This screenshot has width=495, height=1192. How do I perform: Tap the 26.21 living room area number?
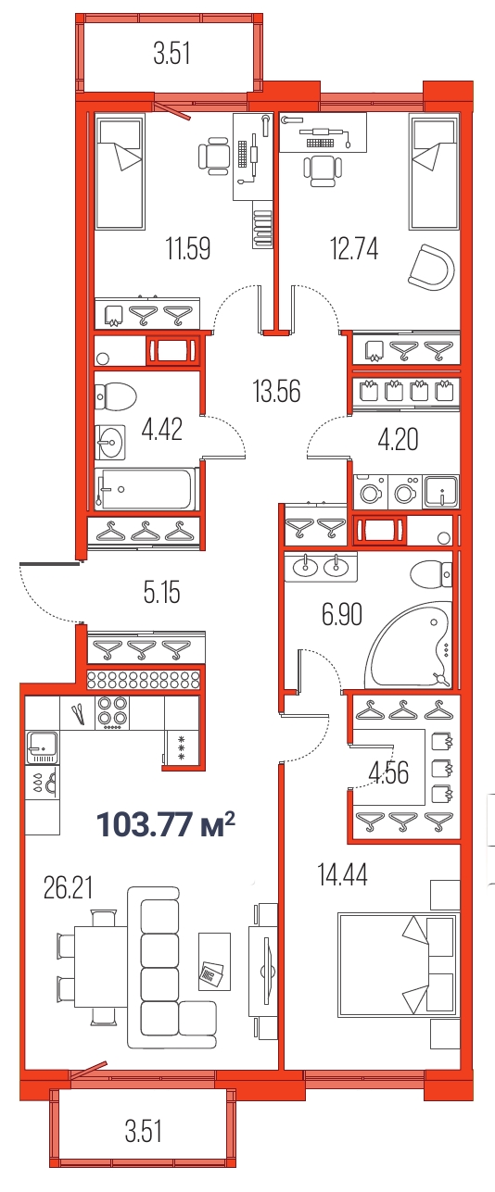(69, 888)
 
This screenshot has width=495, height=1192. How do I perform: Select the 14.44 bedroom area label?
(342, 875)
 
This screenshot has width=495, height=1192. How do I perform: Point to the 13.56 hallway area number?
(276, 391)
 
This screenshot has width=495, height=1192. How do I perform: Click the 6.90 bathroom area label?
(342, 615)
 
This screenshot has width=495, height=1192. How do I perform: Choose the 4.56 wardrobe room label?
(389, 772)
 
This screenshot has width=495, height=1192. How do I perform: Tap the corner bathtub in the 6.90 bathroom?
(412, 644)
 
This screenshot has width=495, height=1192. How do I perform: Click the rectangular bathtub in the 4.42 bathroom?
(146, 489)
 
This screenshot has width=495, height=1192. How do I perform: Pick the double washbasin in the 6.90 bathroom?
(321, 567)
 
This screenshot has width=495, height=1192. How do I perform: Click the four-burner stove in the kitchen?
(112, 713)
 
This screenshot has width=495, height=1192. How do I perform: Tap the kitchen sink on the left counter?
(42, 747)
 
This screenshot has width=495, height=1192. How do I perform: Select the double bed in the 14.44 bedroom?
(398, 965)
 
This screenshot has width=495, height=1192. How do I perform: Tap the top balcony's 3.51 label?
(171, 54)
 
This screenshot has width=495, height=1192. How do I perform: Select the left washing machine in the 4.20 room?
(371, 492)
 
